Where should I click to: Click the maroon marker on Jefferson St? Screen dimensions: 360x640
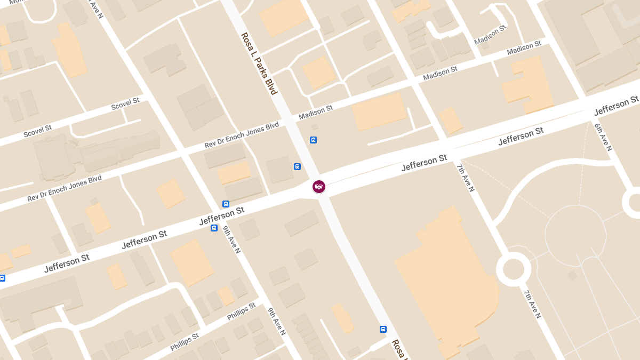click(319, 186)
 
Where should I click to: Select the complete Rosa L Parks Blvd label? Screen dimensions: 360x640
click(259, 63)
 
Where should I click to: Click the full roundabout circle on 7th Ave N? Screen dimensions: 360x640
click(513, 269)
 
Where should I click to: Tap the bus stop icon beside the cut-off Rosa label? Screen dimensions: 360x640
click(383, 329)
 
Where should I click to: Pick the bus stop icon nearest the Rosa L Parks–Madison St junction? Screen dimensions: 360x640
click(313, 140)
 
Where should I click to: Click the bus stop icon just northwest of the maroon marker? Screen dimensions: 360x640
click(297, 166)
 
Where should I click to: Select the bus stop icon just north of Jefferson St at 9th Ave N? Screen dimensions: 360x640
click(226, 204)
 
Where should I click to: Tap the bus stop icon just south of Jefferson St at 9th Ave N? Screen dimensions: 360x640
click(214, 228)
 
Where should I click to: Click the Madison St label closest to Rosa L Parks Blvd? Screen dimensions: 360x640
click(316, 112)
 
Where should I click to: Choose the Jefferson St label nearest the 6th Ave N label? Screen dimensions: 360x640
click(616, 106)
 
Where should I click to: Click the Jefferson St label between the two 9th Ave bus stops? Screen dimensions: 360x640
click(221, 216)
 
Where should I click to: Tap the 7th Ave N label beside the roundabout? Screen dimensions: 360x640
click(532, 305)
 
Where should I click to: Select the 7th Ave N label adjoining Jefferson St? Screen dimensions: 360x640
click(465, 178)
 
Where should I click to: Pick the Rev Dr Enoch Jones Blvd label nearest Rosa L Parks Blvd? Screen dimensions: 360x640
click(242, 135)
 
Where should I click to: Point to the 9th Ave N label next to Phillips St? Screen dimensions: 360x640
click(277, 322)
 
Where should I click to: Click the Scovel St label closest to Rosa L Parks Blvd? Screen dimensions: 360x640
click(125, 103)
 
